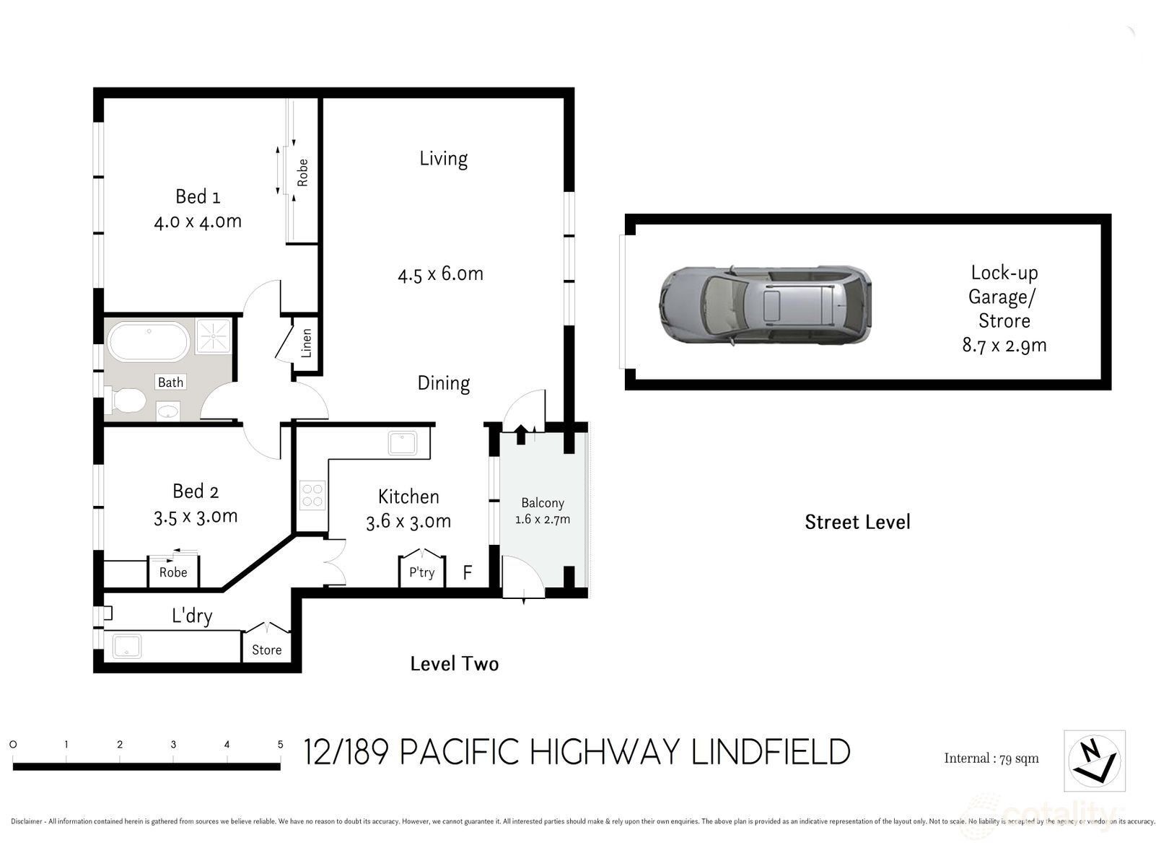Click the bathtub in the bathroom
click(x=149, y=341)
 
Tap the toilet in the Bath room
click(x=125, y=401)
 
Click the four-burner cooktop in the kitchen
click(x=312, y=495)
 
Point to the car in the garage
click(x=765, y=305)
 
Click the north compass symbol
click(x=1094, y=761)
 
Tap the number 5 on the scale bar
click(x=280, y=744)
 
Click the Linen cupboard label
click(x=307, y=343)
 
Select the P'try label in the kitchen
click(x=422, y=572)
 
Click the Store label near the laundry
click(x=266, y=649)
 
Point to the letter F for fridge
click(x=467, y=572)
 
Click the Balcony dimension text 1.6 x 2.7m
click(x=543, y=519)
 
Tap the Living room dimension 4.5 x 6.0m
click(x=440, y=274)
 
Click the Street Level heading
click(x=857, y=522)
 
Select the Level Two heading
click(x=455, y=664)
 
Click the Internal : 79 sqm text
click(x=991, y=758)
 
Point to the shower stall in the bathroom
click(x=214, y=336)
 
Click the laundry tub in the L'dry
click(x=127, y=646)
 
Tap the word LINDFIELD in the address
click(x=771, y=752)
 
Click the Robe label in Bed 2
click(x=173, y=572)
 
